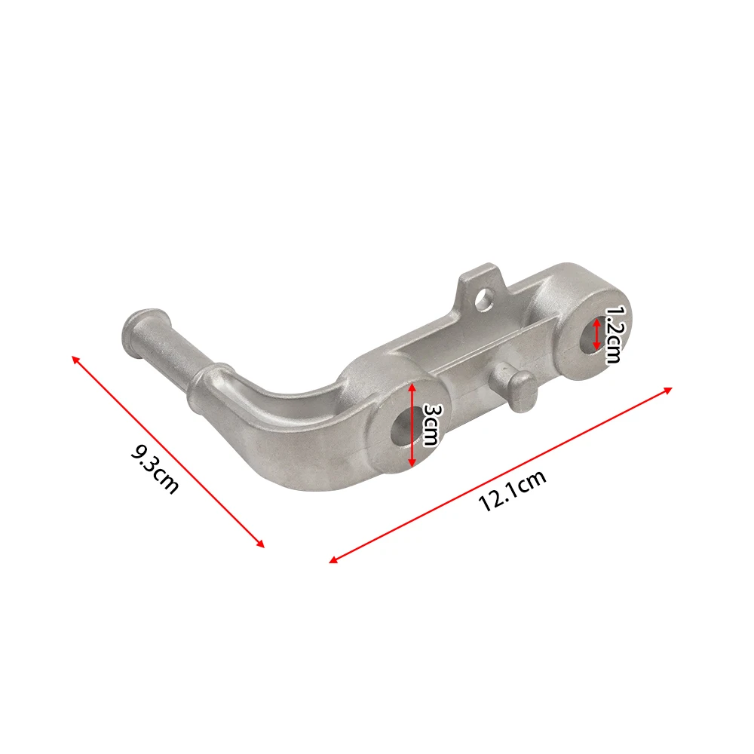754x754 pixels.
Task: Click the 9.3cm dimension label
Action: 155,470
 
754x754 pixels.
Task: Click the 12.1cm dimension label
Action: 512,490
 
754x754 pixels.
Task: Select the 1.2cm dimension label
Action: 614,334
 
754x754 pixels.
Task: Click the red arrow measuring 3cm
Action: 412,425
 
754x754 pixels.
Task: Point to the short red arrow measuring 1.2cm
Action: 596,333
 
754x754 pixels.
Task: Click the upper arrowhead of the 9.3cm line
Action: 75,357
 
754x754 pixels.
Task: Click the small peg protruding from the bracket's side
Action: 517,388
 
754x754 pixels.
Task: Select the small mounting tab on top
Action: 481,290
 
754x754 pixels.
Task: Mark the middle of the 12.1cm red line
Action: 501,474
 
